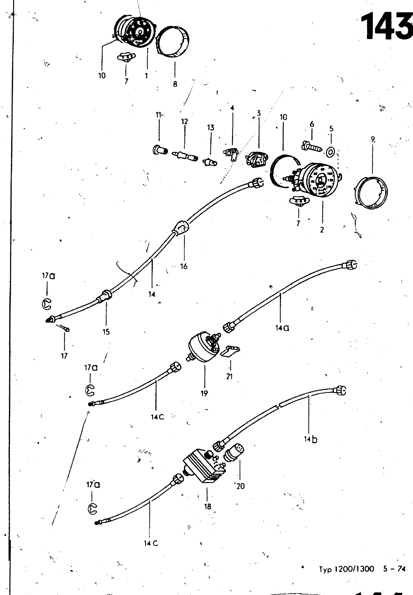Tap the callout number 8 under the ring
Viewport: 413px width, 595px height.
coord(175,84)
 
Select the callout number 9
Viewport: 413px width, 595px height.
coord(372,140)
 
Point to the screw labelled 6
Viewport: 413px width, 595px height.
coord(311,148)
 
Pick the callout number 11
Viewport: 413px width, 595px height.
coord(159,115)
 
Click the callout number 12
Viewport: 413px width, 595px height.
coord(185,121)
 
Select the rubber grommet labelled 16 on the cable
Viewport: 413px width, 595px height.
coord(181,228)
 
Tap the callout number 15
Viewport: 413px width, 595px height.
coord(106,331)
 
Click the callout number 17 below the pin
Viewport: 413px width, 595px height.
coord(64,356)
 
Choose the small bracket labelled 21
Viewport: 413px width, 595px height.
coord(230,351)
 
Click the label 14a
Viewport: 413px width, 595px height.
coord(283,328)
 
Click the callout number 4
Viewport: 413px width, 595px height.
coord(232,108)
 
